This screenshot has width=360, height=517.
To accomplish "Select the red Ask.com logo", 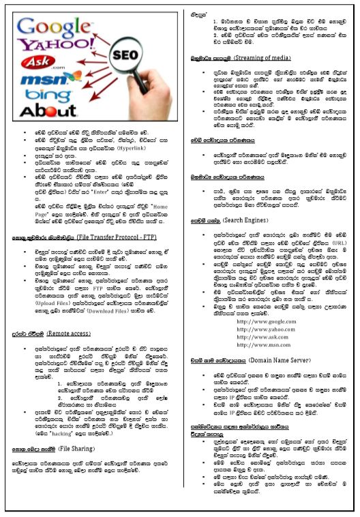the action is point(41,66).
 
